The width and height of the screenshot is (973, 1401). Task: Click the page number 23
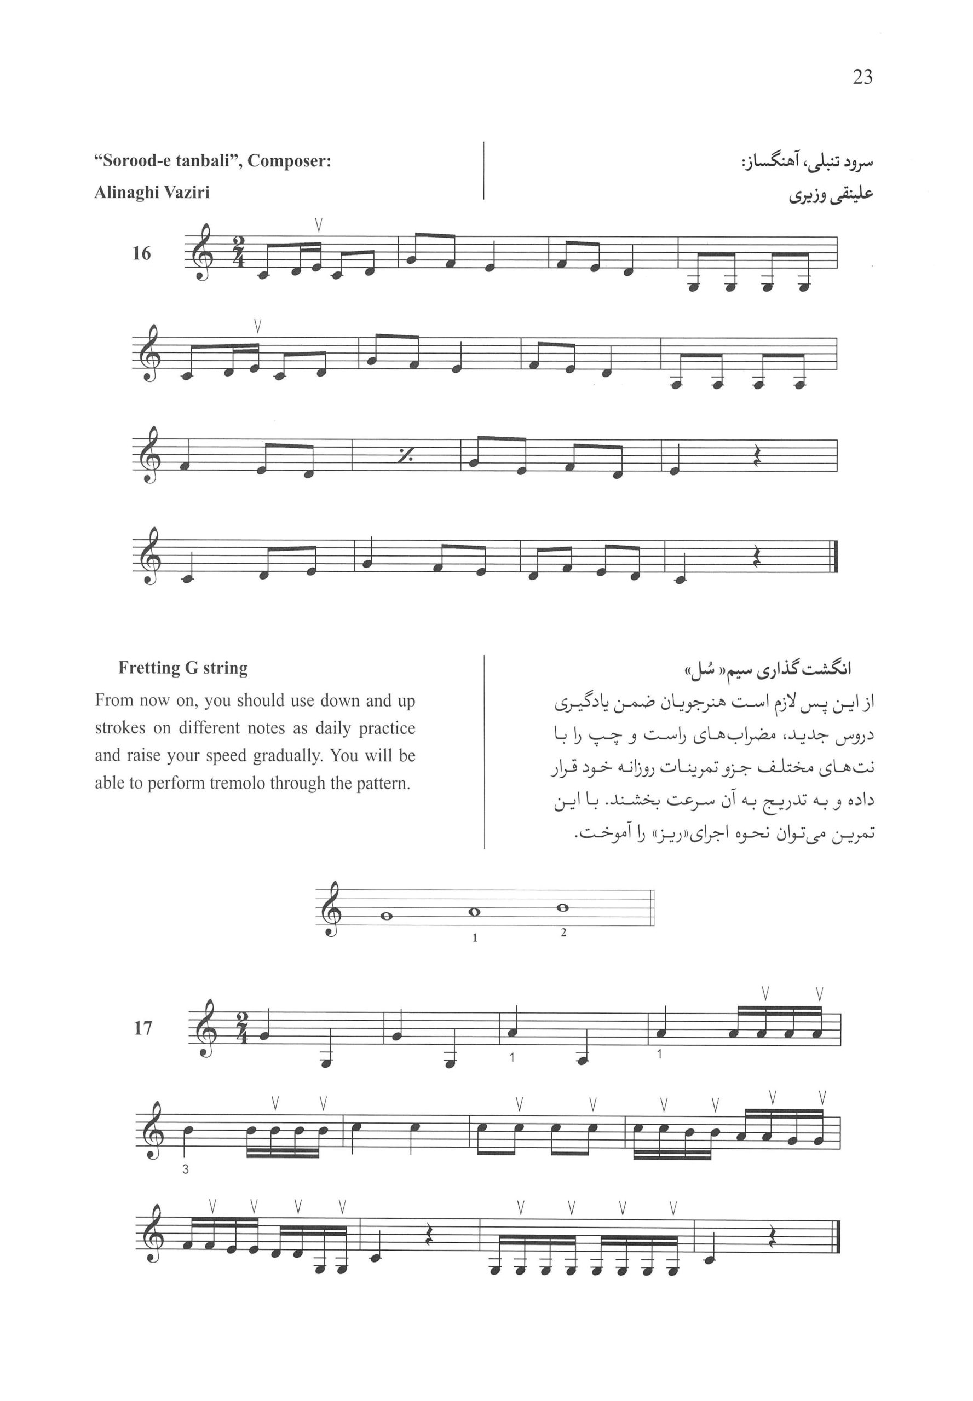pos(862,77)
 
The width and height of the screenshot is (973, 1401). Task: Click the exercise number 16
pos(141,253)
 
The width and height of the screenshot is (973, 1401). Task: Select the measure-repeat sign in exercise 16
pos(405,456)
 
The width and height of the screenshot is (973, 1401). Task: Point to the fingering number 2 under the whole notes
pos(563,933)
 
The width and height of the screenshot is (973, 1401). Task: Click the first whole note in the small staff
pos(385,916)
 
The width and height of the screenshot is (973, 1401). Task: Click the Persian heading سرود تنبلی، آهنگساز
pos(806,163)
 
